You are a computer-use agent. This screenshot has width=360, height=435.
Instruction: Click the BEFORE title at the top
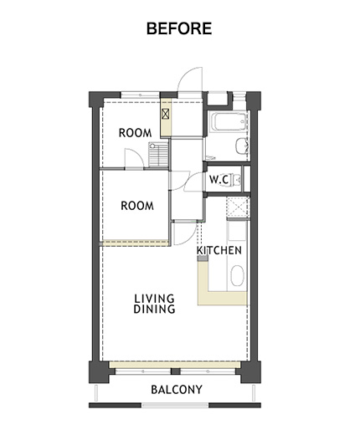coord(179,28)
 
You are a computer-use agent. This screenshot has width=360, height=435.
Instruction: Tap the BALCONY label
coord(177,390)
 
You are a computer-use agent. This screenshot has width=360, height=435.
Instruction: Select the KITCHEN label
coord(219,250)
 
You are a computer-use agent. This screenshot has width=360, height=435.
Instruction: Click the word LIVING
coord(154,299)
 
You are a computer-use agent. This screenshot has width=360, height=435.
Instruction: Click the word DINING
coord(154,309)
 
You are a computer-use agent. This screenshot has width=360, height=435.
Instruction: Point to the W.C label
coord(219,179)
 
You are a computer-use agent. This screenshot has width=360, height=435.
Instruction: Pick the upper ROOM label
coord(136,133)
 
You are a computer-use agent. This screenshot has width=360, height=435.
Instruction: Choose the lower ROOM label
coord(137,206)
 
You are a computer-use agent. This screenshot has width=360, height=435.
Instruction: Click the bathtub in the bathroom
coord(230,122)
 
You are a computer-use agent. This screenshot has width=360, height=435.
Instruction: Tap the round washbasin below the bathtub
coord(242,146)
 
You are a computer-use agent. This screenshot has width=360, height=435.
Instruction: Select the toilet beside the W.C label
coord(237,180)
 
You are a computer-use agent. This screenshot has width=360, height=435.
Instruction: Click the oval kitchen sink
coord(237,275)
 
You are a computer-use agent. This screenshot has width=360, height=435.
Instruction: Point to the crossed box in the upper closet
coord(166,114)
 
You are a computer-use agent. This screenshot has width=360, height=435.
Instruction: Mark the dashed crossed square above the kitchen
coord(237,207)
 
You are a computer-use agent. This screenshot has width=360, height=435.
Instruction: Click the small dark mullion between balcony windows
coord(175,371)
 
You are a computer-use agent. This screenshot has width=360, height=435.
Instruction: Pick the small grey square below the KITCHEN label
coord(203,258)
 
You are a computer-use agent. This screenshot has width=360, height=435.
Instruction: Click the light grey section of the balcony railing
coord(175,405)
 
